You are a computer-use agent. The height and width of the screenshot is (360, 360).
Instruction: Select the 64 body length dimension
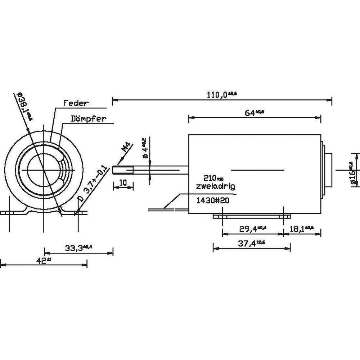tap(255, 113)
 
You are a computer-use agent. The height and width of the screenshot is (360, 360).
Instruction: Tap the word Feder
tap(76, 103)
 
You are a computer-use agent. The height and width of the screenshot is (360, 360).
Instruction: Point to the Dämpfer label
tap(89, 118)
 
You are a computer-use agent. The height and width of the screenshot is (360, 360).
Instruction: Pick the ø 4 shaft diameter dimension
tap(145, 148)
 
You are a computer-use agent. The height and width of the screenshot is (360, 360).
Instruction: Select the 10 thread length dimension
tap(123, 183)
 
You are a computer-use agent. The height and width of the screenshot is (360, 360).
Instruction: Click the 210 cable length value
tap(213, 179)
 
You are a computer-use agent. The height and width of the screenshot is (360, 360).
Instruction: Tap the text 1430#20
tap(212, 201)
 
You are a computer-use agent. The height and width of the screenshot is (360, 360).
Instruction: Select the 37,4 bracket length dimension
tap(252, 244)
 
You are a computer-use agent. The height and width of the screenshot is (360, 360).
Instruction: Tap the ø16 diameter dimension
tap(352, 174)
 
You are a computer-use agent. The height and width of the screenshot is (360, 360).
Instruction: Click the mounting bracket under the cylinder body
tap(252, 216)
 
